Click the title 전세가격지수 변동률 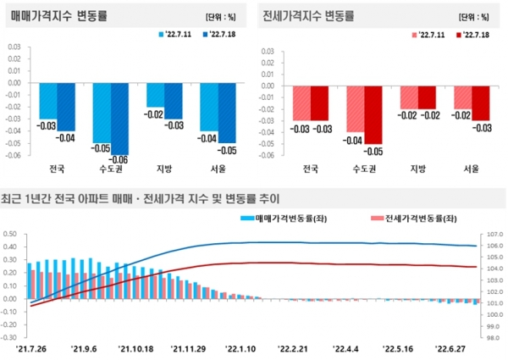click(308, 16)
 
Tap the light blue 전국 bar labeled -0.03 click(47, 101)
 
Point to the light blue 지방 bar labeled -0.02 click(154, 95)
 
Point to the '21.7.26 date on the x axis click(31, 347)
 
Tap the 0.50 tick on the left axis click(11, 235)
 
